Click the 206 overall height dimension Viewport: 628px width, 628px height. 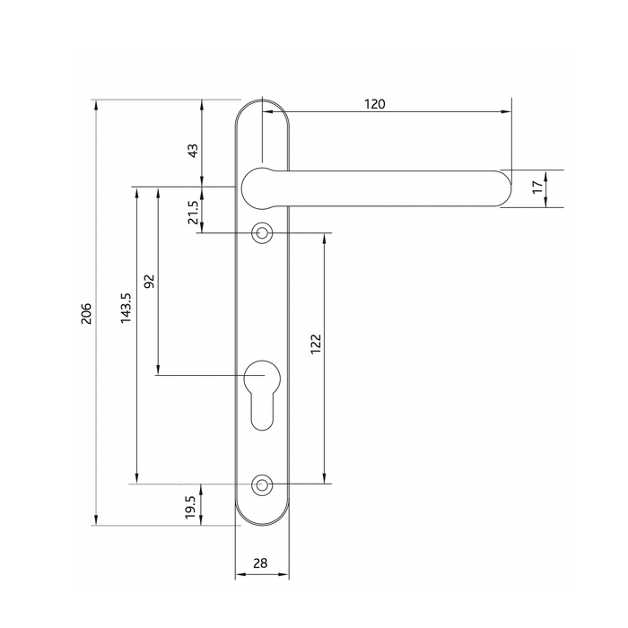(x=86, y=312)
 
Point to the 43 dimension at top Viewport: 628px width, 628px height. (x=191, y=151)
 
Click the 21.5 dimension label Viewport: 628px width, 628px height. (x=192, y=213)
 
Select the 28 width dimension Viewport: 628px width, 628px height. (x=260, y=563)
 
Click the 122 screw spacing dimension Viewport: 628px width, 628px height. (x=315, y=345)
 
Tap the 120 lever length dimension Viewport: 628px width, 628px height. (x=374, y=104)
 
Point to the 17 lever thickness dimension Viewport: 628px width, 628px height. (x=536, y=188)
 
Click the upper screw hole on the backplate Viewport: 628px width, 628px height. (x=262, y=233)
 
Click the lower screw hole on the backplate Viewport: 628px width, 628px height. (x=262, y=484)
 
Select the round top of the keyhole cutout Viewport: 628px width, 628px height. (x=262, y=374)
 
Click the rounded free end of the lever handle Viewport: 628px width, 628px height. (x=498, y=188)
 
